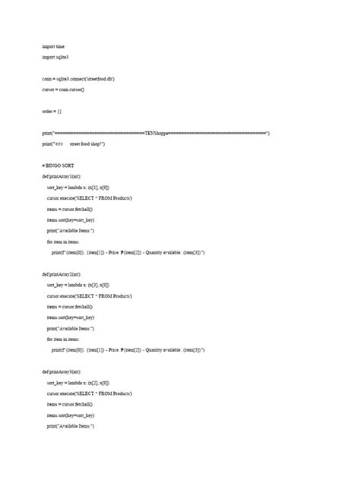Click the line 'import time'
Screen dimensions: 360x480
pos(53,46)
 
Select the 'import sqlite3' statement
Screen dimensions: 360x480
pos(56,57)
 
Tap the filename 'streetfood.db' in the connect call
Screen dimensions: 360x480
pos(103,78)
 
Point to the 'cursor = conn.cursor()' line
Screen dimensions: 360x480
pos(63,90)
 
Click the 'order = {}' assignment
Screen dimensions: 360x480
pos(52,111)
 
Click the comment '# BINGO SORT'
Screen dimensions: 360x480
pos(58,165)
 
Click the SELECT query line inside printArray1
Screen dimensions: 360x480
pos(90,197)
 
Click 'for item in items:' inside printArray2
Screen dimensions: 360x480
pos(68,339)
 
